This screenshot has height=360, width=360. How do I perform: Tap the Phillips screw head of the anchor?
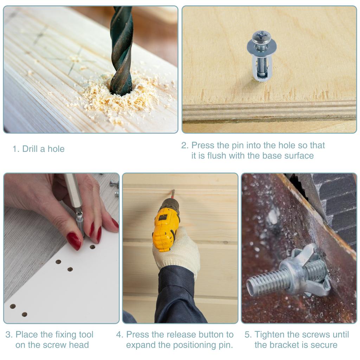261,36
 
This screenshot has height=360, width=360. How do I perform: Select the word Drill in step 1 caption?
30,149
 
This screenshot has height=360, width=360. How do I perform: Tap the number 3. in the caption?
9,334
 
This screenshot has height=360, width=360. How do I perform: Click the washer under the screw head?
262,45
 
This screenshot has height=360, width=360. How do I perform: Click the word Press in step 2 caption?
202,145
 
